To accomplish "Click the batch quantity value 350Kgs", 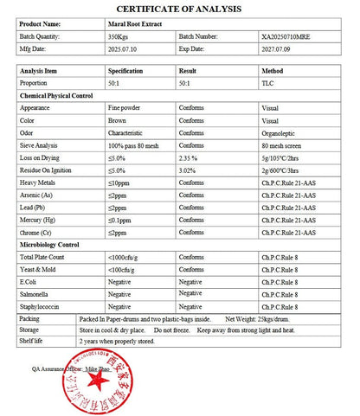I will click(x=117, y=36).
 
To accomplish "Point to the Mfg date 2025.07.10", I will click(x=120, y=49).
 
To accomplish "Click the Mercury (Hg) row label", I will click(x=42, y=221).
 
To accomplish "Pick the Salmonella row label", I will click(x=37, y=294).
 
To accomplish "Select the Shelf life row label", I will click(x=33, y=341).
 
